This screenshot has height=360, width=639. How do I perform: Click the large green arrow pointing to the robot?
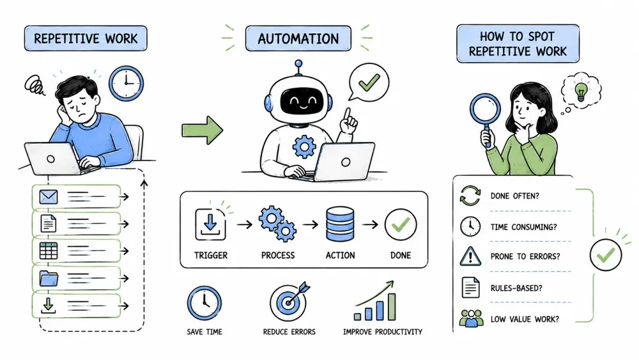[x=203, y=130]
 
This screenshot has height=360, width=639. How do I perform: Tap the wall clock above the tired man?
[x=127, y=84]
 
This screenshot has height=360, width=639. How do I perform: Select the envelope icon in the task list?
[x=49, y=197]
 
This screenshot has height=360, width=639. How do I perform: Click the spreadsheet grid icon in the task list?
[x=49, y=251]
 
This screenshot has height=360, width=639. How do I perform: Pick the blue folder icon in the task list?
[x=49, y=278]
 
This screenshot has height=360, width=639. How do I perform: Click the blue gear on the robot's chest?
[x=304, y=146]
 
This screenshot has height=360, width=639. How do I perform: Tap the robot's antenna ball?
[x=298, y=63]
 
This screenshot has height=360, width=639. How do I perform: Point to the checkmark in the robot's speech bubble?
[x=369, y=82]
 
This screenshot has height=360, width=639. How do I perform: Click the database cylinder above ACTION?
[x=340, y=224]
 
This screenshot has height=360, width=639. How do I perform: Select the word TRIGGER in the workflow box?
[x=211, y=255]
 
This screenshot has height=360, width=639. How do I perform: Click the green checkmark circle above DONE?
[x=401, y=224]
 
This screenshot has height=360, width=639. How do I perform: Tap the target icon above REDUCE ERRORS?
[x=289, y=301]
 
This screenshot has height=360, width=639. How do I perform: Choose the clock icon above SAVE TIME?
[x=204, y=303]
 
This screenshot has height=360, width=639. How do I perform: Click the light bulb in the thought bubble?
[x=581, y=91]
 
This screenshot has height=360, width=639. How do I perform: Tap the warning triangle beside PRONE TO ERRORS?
[x=470, y=256]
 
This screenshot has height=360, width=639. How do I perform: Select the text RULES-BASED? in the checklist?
[x=516, y=288]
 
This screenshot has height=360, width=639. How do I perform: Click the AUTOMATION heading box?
[x=298, y=39]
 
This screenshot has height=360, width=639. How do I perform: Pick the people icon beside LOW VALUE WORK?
[x=471, y=318]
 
